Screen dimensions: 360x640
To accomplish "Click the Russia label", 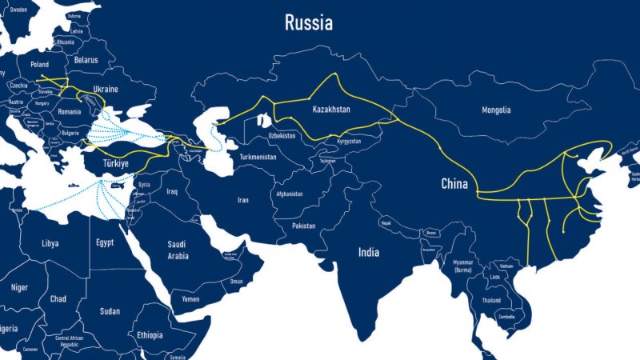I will tap(308, 23).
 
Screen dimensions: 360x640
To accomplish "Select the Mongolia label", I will tap(496, 110).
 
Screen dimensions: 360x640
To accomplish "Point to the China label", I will tap(454, 184).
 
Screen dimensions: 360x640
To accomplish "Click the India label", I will tap(369, 252).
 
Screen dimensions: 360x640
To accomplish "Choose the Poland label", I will tap(39, 64).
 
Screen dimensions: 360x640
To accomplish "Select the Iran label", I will tap(242, 200).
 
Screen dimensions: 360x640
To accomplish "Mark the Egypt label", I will tap(105, 242).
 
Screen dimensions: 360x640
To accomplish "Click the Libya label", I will tap(50, 242).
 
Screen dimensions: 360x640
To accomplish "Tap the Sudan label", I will tap(110, 311).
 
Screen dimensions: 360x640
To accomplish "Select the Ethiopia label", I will tap(149, 334).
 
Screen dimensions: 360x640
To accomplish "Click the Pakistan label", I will tap(304, 226).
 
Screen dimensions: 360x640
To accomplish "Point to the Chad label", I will tap(58, 298).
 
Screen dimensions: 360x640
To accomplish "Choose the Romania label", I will tap(70, 111).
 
